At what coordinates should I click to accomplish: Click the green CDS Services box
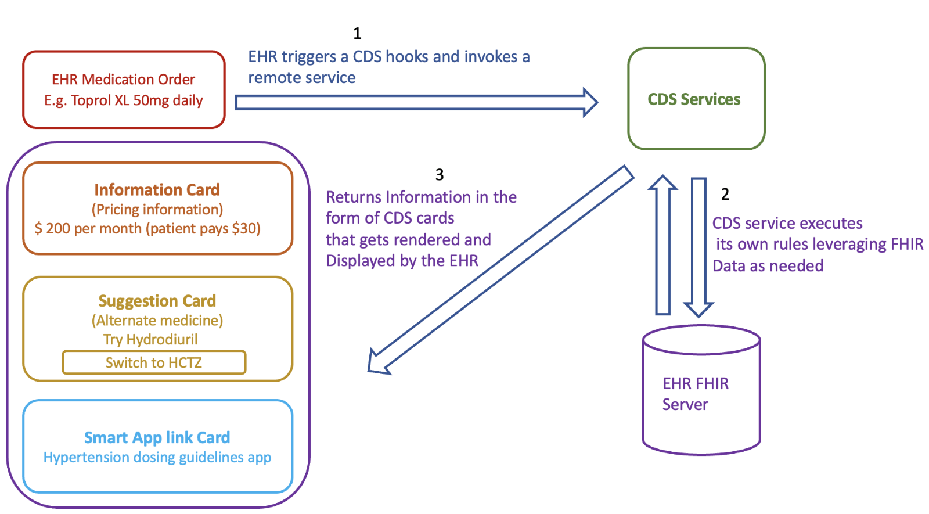tap(696, 99)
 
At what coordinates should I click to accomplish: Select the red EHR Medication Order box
tap(124, 89)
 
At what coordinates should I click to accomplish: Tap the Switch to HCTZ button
tap(154, 362)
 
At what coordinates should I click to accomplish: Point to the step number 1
tap(357, 34)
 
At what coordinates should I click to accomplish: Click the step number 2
tap(725, 194)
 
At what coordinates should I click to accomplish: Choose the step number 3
tap(440, 175)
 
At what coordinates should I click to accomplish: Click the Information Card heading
tap(157, 190)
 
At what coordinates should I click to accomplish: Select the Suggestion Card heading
tap(157, 301)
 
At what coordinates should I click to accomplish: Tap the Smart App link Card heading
tap(157, 437)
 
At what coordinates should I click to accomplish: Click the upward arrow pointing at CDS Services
tap(662, 244)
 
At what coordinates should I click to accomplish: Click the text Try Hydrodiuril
tap(150, 340)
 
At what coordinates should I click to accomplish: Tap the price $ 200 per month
tap(87, 229)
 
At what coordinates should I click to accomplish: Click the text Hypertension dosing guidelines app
tap(157, 458)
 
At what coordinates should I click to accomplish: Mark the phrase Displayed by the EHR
tap(402, 261)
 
